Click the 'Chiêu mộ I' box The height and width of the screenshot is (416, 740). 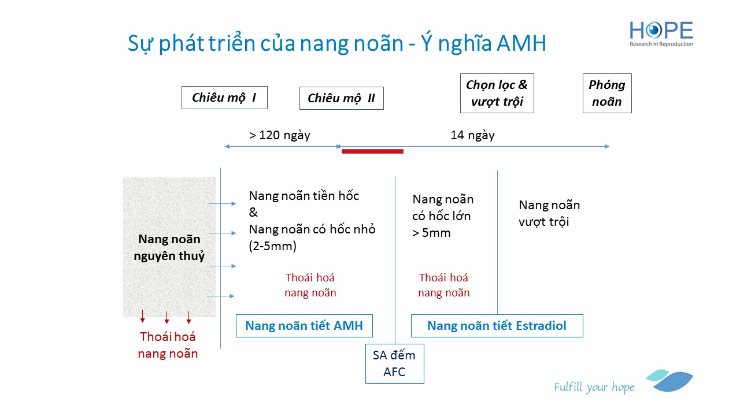tap(224, 98)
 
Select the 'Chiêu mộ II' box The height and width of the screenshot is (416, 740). tap(342, 98)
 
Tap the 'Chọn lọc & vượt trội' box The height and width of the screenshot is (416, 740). tap(497, 93)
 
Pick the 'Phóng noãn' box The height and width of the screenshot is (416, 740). tap(607, 93)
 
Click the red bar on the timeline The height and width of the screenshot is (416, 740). tap(372, 151)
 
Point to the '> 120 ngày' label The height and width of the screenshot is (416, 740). tap(279, 135)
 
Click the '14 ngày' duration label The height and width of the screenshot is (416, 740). tap(472, 135)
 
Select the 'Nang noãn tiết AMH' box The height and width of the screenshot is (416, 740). tap(304, 326)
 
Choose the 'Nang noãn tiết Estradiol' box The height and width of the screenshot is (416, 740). tap(497, 326)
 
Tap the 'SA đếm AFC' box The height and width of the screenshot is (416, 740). tap(394, 363)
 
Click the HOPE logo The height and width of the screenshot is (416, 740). tap(661, 34)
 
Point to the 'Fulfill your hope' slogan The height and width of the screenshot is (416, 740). tap(594, 387)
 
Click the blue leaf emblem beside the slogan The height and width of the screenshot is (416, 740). tap(670, 380)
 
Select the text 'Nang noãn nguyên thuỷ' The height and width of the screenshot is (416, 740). tap(169, 247)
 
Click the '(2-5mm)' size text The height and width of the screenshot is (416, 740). tap(272, 246)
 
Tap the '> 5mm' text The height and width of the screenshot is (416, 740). tap(431, 233)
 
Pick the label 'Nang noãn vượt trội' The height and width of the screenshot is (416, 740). tap(549, 213)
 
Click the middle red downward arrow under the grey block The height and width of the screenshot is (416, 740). tap(167, 317)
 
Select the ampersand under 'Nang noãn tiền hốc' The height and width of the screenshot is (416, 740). tap(253, 212)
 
